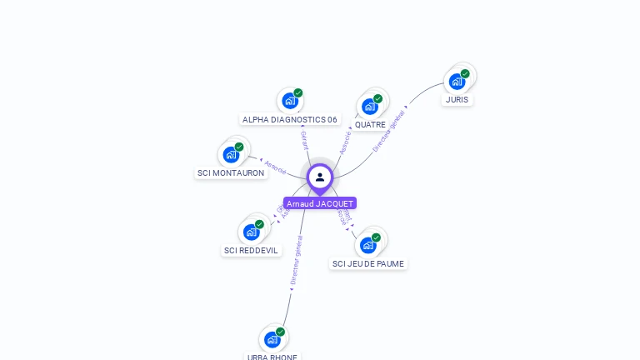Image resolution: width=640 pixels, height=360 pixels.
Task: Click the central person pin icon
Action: pyautogui.click(x=320, y=177)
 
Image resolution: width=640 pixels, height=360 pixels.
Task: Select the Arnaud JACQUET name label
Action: pyautogui.click(x=320, y=203)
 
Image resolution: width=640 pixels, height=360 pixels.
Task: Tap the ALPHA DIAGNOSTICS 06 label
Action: pyautogui.click(x=290, y=119)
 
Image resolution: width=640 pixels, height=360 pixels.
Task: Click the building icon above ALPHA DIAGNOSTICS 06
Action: pyautogui.click(x=289, y=101)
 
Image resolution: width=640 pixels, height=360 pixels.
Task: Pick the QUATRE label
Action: pyautogui.click(x=370, y=125)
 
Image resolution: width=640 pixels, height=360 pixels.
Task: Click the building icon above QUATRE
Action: pyautogui.click(x=369, y=107)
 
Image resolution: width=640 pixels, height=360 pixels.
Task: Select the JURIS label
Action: pyautogui.click(x=457, y=100)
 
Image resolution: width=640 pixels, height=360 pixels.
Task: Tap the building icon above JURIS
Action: pyautogui.click(x=457, y=82)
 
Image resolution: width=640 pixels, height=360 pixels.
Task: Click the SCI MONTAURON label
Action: pyautogui.click(x=231, y=173)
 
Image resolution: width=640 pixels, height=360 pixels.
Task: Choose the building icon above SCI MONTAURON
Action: pyautogui.click(x=231, y=155)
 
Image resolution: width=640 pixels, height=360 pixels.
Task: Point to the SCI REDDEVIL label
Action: pyautogui.click(x=252, y=250)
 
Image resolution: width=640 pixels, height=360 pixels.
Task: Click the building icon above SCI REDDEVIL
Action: pyautogui.click(x=251, y=232)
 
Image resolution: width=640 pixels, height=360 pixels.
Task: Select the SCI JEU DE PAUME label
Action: pyautogui.click(x=368, y=264)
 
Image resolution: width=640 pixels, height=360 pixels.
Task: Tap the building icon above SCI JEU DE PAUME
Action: pyautogui.click(x=367, y=245)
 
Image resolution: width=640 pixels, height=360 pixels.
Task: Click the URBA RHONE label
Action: pyautogui.click(x=272, y=357)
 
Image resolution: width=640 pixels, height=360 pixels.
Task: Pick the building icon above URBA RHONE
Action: pyautogui.click(x=272, y=339)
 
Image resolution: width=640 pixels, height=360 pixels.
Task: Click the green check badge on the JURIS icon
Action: pyautogui.click(x=465, y=73)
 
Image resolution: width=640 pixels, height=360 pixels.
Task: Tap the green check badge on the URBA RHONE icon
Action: pyautogui.click(x=280, y=332)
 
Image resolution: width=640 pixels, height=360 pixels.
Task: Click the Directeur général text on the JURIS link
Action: pyautogui.click(x=389, y=131)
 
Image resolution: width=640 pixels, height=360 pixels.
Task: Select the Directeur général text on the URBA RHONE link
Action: pyautogui.click(x=296, y=260)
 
